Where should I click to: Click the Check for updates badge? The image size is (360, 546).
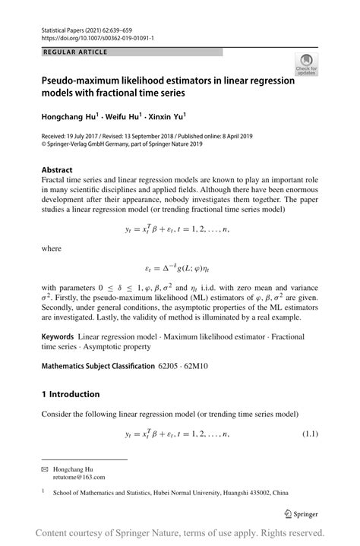[307, 66]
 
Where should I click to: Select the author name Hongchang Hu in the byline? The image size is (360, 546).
[73, 118]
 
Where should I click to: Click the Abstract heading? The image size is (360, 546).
[57, 170]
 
